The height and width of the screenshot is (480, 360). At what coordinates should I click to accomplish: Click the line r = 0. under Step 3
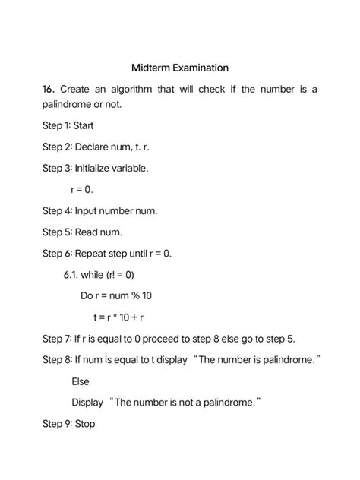point(81,189)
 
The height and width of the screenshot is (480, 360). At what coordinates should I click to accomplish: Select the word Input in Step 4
point(88,210)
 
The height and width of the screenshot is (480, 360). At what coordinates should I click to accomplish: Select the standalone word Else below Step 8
point(80,381)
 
